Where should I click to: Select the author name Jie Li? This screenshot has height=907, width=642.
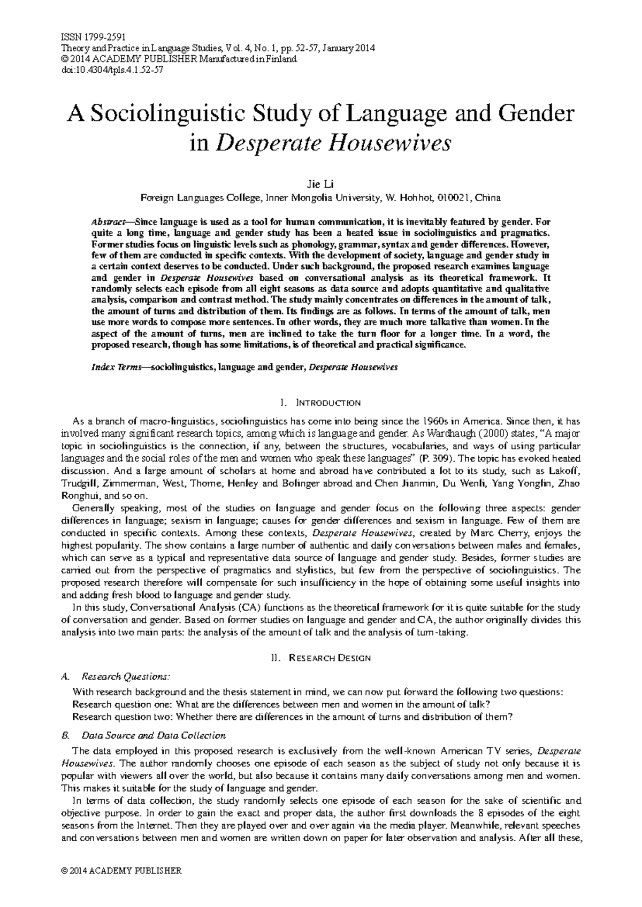[x=320, y=185]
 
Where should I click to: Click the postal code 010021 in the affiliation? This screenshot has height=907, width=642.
[x=454, y=198]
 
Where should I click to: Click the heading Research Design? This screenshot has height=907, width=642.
[x=329, y=658]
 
